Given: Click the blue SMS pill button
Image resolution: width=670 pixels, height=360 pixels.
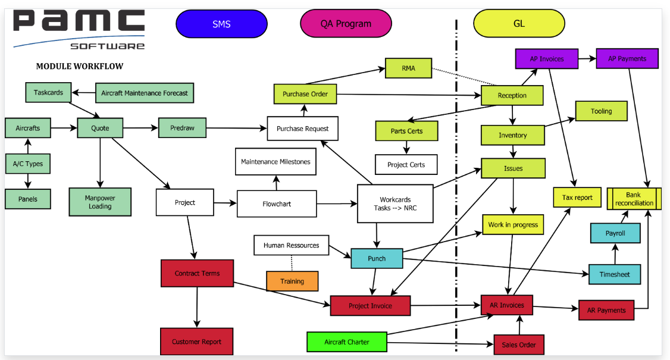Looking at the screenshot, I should coord(221,24).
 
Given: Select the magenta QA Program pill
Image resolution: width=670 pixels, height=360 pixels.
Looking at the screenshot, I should coord(346,24).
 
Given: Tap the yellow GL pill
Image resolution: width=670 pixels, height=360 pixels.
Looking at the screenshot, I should coord(519,24).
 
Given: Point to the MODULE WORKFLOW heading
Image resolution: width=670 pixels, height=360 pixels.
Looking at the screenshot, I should coord(80,66).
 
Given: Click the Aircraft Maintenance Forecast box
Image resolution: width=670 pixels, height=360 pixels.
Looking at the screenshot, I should coord(145,93).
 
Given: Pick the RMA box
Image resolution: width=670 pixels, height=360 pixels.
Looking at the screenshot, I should coord(408,68).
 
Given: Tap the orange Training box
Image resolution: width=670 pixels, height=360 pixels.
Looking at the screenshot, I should coord(292,281).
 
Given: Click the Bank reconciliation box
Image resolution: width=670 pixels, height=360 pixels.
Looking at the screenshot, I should coord(634,199).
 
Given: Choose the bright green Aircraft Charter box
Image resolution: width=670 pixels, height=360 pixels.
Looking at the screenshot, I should coord(347,342).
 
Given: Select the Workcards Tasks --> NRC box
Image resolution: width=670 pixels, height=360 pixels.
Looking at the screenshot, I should coord(395,204).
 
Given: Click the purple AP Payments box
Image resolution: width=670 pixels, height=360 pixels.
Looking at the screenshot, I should coord(628,58).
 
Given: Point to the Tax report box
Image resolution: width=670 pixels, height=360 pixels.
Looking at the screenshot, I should coord(577,198).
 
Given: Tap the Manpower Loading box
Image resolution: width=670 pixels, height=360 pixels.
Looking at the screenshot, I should coord(100,202).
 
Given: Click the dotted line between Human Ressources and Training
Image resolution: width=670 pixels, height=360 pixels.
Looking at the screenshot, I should coord(292,263).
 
